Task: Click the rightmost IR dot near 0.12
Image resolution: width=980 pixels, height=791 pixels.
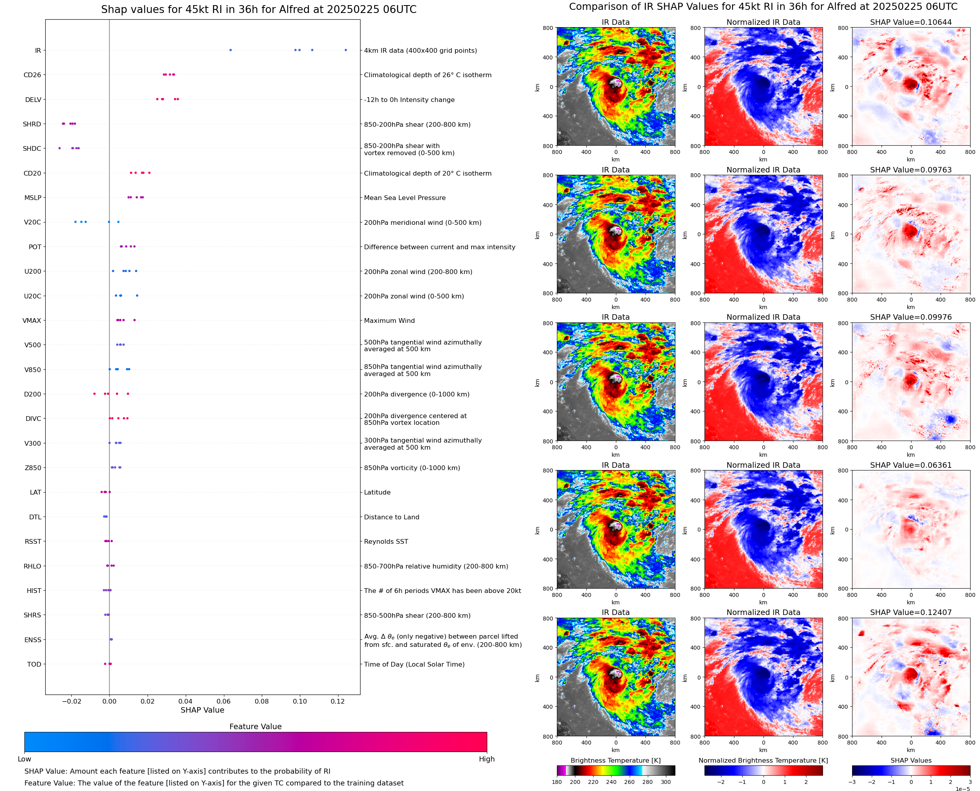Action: (346, 50)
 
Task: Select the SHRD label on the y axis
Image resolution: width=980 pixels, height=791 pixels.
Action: (32, 124)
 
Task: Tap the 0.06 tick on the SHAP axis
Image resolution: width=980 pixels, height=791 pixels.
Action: (224, 701)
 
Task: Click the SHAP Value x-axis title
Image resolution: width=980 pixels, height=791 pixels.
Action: (202, 710)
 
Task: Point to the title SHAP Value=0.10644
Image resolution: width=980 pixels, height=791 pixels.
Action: (911, 22)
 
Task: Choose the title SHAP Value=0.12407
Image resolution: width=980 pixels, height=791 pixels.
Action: (911, 612)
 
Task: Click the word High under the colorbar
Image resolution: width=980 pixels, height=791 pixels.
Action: (486, 759)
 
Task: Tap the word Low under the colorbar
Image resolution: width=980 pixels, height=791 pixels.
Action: (24, 759)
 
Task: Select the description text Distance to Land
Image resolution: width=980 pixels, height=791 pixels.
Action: (392, 517)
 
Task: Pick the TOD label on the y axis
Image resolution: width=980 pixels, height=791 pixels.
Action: (34, 664)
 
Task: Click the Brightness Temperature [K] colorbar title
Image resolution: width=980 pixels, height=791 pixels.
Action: (615, 760)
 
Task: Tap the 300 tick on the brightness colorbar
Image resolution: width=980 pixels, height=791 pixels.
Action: (665, 782)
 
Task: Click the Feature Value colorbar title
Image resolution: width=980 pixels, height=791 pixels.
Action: (255, 726)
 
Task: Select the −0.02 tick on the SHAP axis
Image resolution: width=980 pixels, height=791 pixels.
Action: (71, 701)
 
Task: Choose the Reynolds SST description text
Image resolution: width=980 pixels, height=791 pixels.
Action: (386, 541)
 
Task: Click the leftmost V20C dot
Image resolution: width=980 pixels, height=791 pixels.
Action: (76, 222)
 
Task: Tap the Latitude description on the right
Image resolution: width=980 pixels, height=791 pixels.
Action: (377, 492)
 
